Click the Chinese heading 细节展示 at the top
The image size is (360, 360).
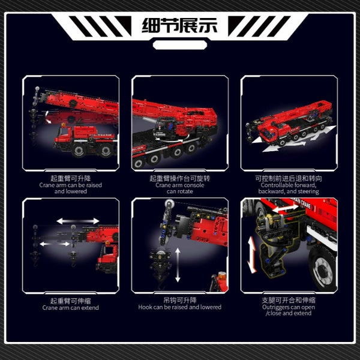pos(179,26)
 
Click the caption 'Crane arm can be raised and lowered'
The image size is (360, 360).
pos(70,188)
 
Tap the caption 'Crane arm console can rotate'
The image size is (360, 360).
pos(180,188)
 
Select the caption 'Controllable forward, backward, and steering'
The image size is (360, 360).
pos(289,188)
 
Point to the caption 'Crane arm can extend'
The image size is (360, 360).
pos(70,308)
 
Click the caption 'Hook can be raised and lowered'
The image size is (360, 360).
pos(180,307)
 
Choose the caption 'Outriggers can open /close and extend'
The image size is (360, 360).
pos(289,310)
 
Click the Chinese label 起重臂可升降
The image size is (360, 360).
pos(70,178)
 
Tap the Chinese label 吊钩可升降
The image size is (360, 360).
pos(180,301)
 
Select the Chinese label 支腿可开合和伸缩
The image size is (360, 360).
pos(289,301)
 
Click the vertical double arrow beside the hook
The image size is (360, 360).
pos(178,265)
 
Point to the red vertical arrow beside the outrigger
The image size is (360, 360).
pos(252,255)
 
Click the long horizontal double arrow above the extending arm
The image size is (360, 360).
pos(78,221)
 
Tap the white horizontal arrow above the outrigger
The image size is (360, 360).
pos(285,208)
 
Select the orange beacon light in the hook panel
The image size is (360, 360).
pos(222,275)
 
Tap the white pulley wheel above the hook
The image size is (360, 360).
pos(169,204)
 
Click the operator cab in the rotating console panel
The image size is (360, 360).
pos(165,128)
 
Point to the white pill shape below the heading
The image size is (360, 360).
pos(180,45)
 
